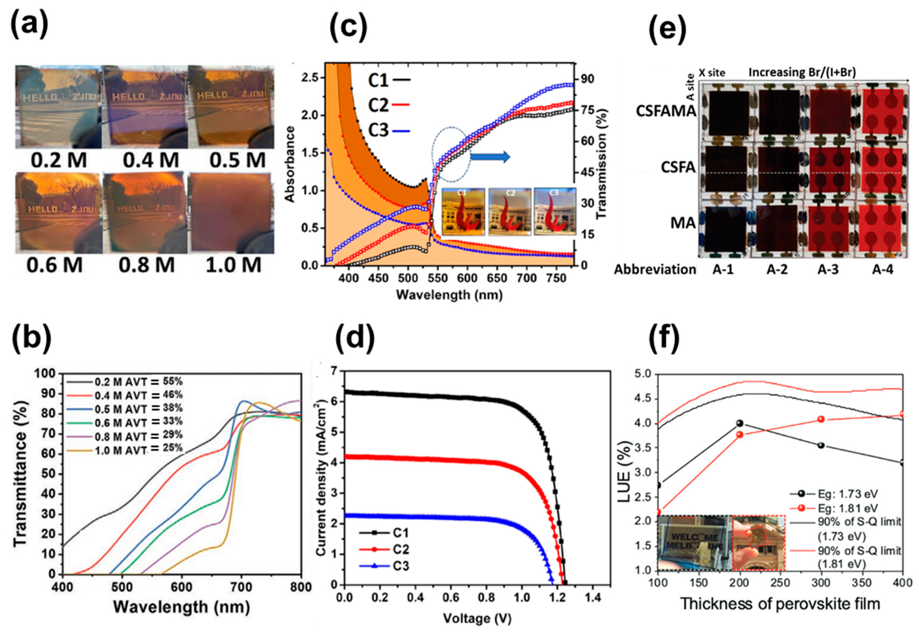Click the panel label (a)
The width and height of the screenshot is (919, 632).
[x=29, y=26]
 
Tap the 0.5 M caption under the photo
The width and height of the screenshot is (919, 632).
[x=237, y=160]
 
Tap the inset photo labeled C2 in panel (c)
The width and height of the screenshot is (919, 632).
[x=510, y=212]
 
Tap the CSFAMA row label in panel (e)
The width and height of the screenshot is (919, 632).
[x=665, y=111]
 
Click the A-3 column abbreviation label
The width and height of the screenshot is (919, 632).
[x=828, y=270]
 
